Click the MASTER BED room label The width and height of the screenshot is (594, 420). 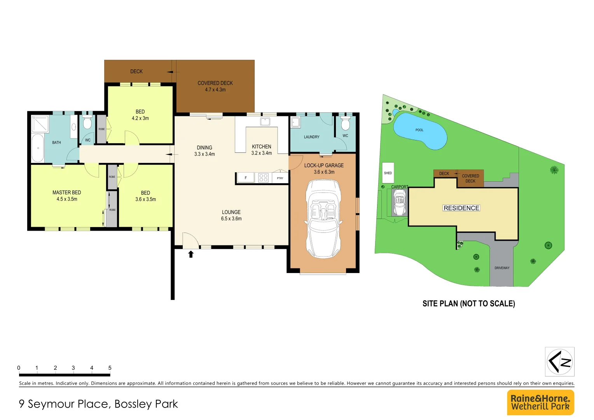click(x=66, y=193)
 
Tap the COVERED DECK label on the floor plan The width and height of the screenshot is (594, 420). click(x=215, y=83)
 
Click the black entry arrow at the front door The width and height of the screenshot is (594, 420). click(x=191, y=254)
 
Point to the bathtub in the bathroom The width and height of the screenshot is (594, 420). click(x=38, y=148)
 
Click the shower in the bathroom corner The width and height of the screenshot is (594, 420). click(x=40, y=124)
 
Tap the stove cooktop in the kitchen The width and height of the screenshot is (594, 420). click(x=263, y=178)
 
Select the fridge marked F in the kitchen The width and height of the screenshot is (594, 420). click(x=245, y=178)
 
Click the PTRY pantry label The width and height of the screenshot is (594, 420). click(x=280, y=178)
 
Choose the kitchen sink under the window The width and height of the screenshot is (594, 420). click(x=265, y=121)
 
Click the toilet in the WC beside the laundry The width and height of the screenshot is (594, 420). click(x=345, y=124)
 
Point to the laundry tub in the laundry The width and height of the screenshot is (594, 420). click(x=295, y=122)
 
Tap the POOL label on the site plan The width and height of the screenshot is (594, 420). click(x=419, y=130)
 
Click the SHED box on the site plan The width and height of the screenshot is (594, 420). click(x=388, y=173)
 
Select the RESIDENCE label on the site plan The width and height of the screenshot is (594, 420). click(x=461, y=208)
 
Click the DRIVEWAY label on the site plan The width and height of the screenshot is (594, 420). click(x=502, y=268)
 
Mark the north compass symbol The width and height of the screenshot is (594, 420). click(x=559, y=362)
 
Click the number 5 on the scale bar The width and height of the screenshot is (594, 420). click(x=110, y=368)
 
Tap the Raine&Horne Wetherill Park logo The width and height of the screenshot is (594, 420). click(x=540, y=402)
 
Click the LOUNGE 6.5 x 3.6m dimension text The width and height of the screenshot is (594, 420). click(x=231, y=219)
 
